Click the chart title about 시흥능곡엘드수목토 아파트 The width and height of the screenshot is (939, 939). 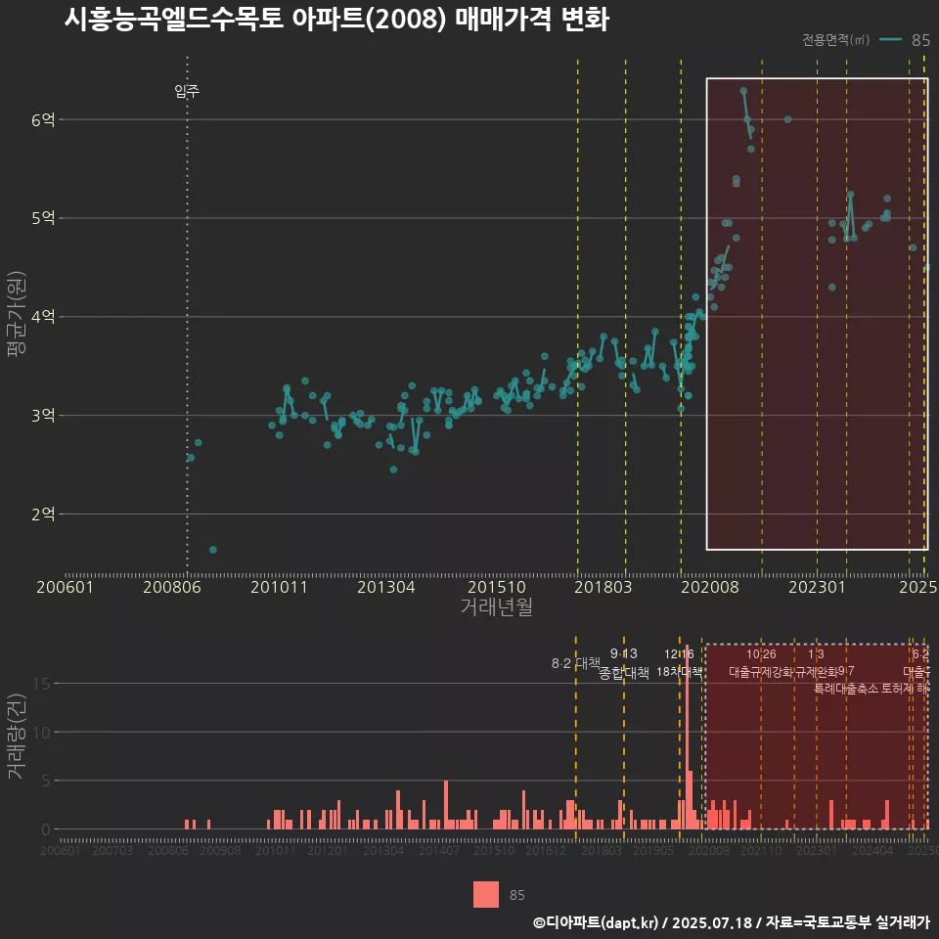pyautogui.click(x=336, y=21)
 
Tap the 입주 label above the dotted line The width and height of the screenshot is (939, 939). pyautogui.click(x=187, y=92)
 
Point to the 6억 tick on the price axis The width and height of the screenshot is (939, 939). pyautogui.click(x=45, y=120)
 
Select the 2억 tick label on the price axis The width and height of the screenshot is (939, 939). pyautogui.click(x=45, y=514)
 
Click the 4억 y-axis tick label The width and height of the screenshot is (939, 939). pyautogui.click(x=45, y=317)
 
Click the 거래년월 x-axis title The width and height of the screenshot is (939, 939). pyautogui.click(x=496, y=606)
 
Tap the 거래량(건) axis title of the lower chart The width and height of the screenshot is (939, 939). pyautogui.click(x=17, y=738)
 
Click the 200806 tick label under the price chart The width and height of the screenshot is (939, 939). pyautogui.click(x=172, y=587)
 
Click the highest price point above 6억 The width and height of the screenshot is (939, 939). pyautogui.click(x=743, y=91)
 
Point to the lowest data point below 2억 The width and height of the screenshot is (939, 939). pyautogui.click(x=213, y=550)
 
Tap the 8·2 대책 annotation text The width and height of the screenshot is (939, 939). pyautogui.click(x=575, y=663)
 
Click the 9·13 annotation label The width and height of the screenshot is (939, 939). pyautogui.click(x=623, y=653)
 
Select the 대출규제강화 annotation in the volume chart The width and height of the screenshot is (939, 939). pyautogui.click(x=761, y=672)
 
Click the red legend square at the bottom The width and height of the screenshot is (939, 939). pyautogui.click(x=486, y=894)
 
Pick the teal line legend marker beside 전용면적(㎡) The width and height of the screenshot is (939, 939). pyautogui.click(x=890, y=40)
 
